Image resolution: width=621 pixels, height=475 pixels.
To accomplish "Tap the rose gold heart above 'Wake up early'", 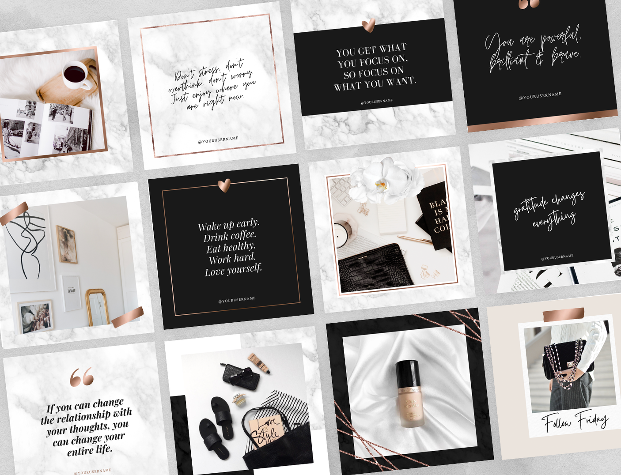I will point(224,185).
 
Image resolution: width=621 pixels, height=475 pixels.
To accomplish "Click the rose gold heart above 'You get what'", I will point(368,26).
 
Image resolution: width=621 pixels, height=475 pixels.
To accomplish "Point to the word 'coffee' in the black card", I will point(242,235).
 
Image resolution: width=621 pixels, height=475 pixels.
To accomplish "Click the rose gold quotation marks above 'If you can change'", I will point(82,377).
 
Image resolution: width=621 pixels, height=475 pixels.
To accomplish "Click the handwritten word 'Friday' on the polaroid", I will point(592,419).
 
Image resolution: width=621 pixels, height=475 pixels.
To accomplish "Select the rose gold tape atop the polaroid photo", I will point(563,314).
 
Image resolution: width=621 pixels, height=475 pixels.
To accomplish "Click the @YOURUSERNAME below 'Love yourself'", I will point(237,300).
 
